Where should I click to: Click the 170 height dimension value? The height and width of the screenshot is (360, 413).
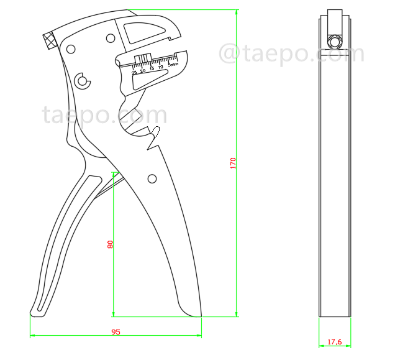[233, 164]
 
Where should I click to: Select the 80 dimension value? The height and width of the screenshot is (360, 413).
[111, 244]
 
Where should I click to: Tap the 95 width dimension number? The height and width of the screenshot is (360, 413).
[116, 332]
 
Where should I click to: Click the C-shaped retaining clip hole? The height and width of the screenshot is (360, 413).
[82, 80]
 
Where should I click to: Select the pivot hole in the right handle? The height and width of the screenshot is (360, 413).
[152, 179]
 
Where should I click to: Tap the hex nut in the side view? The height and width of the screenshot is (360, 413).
[335, 42]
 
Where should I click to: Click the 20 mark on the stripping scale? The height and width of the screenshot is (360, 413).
[143, 71]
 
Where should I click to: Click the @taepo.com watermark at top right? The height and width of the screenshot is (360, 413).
[292, 53]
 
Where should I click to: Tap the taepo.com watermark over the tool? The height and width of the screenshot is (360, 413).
[104, 116]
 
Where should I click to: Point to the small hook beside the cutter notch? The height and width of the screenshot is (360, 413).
[157, 132]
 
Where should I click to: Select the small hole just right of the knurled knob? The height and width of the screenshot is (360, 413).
[71, 48]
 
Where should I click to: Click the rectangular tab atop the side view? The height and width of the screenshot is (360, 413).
[335, 21]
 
